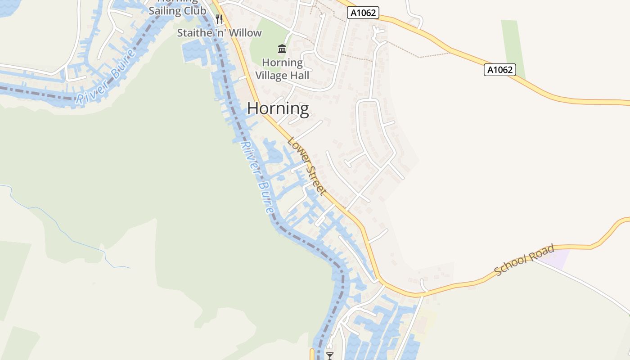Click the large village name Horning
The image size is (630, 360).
(x=278, y=109)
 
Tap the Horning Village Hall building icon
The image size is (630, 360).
(x=282, y=49)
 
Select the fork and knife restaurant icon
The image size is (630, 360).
(x=219, y=19)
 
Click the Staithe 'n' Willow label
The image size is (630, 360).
(x=219, y=33)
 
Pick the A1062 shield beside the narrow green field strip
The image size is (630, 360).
(x=499, y=70)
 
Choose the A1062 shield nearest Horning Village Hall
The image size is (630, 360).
(x=363, y=13)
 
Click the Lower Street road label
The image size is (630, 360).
(x=306, y=166)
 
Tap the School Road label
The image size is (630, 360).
(x=524, y=260)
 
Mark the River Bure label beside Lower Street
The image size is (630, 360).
(x=257, y=178)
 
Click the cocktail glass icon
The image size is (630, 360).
(x=330, y=356)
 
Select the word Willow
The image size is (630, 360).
(x=245, y=33)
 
